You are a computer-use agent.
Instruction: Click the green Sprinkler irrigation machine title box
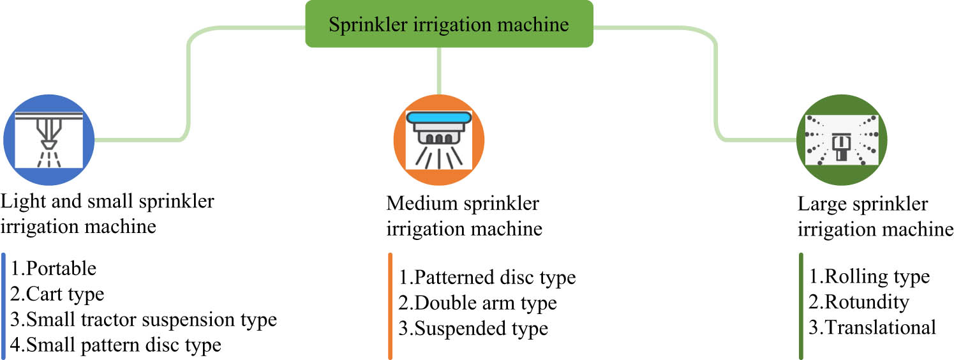coord(449,24)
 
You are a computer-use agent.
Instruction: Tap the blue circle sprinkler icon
coord(49,140)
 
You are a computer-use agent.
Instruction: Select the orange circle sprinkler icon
coord(438,140)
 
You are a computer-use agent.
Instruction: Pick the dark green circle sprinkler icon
coord(842,140)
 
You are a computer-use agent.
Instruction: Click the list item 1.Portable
coord(54,268)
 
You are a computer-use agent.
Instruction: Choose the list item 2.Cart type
coord(57,294)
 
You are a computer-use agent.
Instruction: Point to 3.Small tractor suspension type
coord(144,319)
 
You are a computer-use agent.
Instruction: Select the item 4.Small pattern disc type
coord(116,345)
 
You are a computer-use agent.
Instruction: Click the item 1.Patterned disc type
coord(488,278)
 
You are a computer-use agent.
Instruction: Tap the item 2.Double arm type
coord(478,303)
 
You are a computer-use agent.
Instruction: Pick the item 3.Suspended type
coord(473,329)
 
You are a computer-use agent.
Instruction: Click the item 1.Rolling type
coord(869,276)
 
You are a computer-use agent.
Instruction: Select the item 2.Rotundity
coord(859,301)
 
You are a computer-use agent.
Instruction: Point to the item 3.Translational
coord(872,327)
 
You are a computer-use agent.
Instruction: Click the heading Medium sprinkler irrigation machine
coord(464,216)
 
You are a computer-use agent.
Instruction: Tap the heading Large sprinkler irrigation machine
coord(875,216)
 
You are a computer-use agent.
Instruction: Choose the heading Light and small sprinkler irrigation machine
coord(107,213)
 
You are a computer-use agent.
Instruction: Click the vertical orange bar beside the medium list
coord(390,306)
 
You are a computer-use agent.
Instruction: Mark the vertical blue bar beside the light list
coord(3,306)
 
